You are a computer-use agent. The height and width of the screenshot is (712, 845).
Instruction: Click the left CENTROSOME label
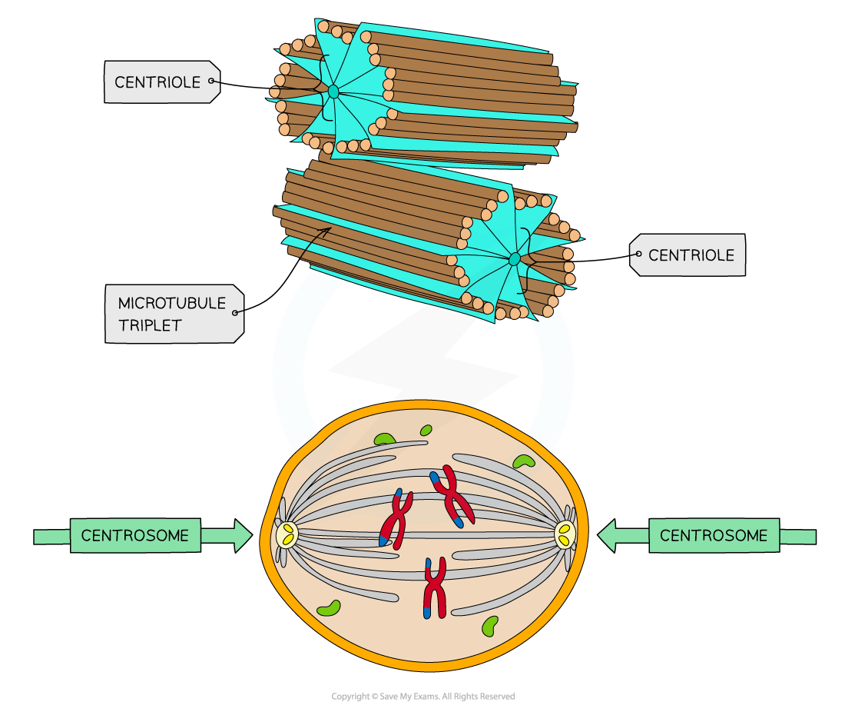tap(135, 535)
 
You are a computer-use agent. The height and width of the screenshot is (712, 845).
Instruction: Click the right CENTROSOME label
tap(714, 535)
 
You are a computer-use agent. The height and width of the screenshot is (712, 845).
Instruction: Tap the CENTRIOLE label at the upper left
tap(157, 82)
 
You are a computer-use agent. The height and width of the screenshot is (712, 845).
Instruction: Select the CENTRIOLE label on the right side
tap(691, 255)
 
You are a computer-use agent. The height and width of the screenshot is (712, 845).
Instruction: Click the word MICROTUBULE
tap(172, 304)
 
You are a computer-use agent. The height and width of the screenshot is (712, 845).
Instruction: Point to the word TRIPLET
tap(150, 325)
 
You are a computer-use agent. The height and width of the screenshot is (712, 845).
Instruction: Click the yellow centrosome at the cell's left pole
tap(287, 534)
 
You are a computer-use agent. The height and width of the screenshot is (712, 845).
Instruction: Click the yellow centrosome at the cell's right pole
tap(565, 533)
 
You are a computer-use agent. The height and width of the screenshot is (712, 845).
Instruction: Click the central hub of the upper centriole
tap(333, 91)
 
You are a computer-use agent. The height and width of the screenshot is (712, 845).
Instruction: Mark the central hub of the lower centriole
tap(514, 259)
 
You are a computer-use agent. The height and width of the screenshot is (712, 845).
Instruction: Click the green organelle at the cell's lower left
tap(329, 608)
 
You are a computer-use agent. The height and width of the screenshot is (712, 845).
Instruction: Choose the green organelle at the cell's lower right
tap(489, 626)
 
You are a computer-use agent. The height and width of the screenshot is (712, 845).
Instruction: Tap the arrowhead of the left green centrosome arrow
tap(243, 536)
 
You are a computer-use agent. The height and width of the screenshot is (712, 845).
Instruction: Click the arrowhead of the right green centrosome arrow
tap(608, 536)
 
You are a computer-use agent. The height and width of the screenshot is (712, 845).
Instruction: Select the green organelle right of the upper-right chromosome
tap(524, 461)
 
